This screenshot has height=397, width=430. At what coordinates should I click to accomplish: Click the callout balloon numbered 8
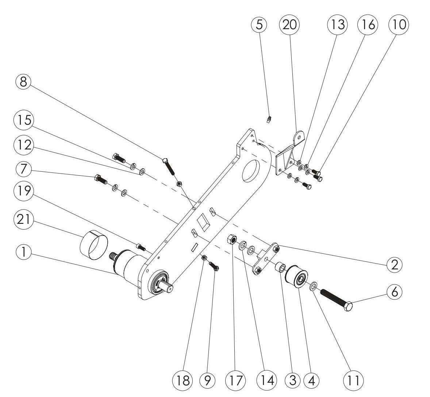pyautogui.click(x=23, y=82)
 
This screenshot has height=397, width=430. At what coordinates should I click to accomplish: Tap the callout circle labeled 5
pyautogui.click(x=259, y=24)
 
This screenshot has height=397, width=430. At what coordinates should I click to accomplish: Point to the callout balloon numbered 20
pyautogui.click(x=289, y=24)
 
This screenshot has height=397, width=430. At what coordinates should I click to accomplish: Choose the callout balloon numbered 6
pyautogui.click(x=394, y=292)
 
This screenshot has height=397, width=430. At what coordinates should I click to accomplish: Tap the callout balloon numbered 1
pyautogui.click(x=23, y=252)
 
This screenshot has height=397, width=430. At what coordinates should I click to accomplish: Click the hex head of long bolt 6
pyautogui.click(x=348, y=307)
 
